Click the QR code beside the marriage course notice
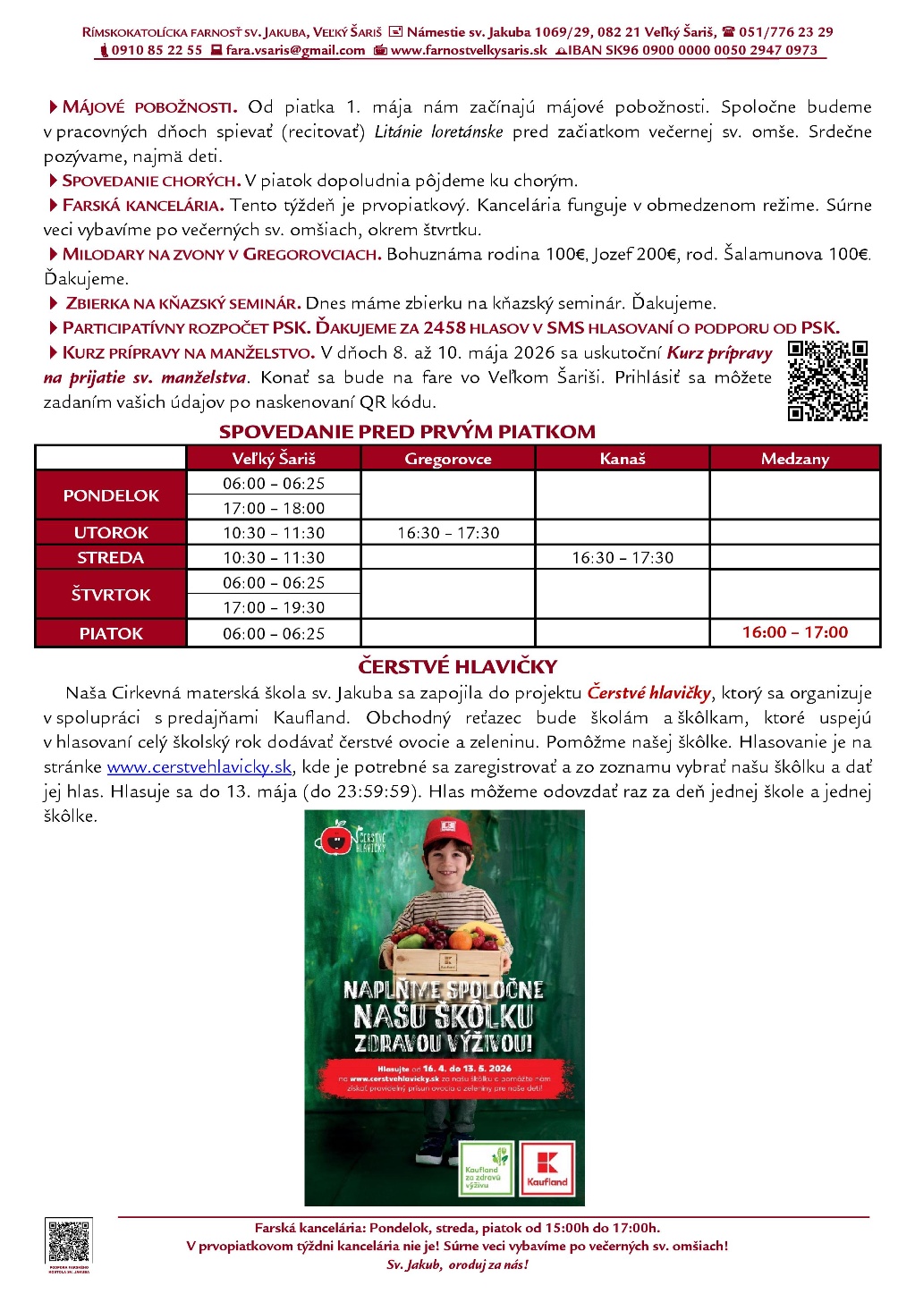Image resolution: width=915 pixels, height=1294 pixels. pyautogui.click(x=827, y=380)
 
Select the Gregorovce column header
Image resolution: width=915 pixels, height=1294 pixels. pyautogui.click(x=447, y=459)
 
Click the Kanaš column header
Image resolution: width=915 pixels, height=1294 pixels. pyautogui.click(x=623, y=459)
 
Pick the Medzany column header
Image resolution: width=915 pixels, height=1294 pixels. pyautogui.click(x=795, y=459)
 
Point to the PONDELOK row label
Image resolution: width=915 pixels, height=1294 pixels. pyautogui.click(x=111, y=495)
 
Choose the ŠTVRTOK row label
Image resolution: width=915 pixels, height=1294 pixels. pyautogui.click(x=111, y=595)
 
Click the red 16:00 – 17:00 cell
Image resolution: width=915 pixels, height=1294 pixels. pyautogui.click(x=795, y=632)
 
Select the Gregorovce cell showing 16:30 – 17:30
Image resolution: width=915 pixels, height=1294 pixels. pyautogui.click(x=448, y=533)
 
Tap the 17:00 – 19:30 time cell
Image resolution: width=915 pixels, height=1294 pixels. pyautogui.click(x=274, y=607)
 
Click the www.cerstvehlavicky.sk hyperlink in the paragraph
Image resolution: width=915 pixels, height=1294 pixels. pyautogui.click(x=199, y=767)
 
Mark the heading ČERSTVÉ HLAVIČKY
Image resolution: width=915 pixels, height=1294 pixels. pyautogui.click(x=457, y=666)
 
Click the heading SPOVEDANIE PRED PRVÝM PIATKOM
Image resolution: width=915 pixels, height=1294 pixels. pyautogui.click(x=407, y=432)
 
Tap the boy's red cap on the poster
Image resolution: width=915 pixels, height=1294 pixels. pyautogui.click(x=448, y=832)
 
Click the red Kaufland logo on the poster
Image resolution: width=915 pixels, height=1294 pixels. pyautogui.click(x=547, y=1168)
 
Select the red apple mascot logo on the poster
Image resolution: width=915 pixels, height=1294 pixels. pyautogui.click(x=336, y=838)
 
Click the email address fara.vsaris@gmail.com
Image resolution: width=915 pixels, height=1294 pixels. pyautogui.click(x=295, y=50)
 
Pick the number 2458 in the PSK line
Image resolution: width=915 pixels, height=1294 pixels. pyautogui.click(x=445, y=328)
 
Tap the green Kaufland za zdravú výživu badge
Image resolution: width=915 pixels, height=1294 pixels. pyautogui.click(x=486, y=1168)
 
